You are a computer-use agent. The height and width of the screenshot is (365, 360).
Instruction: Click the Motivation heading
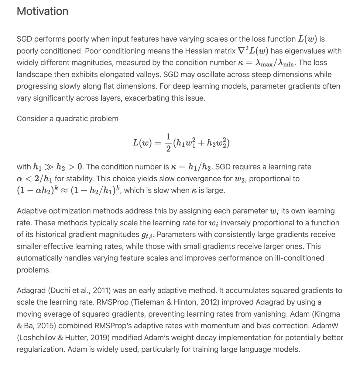click(x=43, y=11)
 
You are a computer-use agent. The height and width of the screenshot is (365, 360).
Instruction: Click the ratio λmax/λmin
click(x=276, y=63)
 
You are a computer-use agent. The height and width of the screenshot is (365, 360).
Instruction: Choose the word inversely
click(x=241, y=223)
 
